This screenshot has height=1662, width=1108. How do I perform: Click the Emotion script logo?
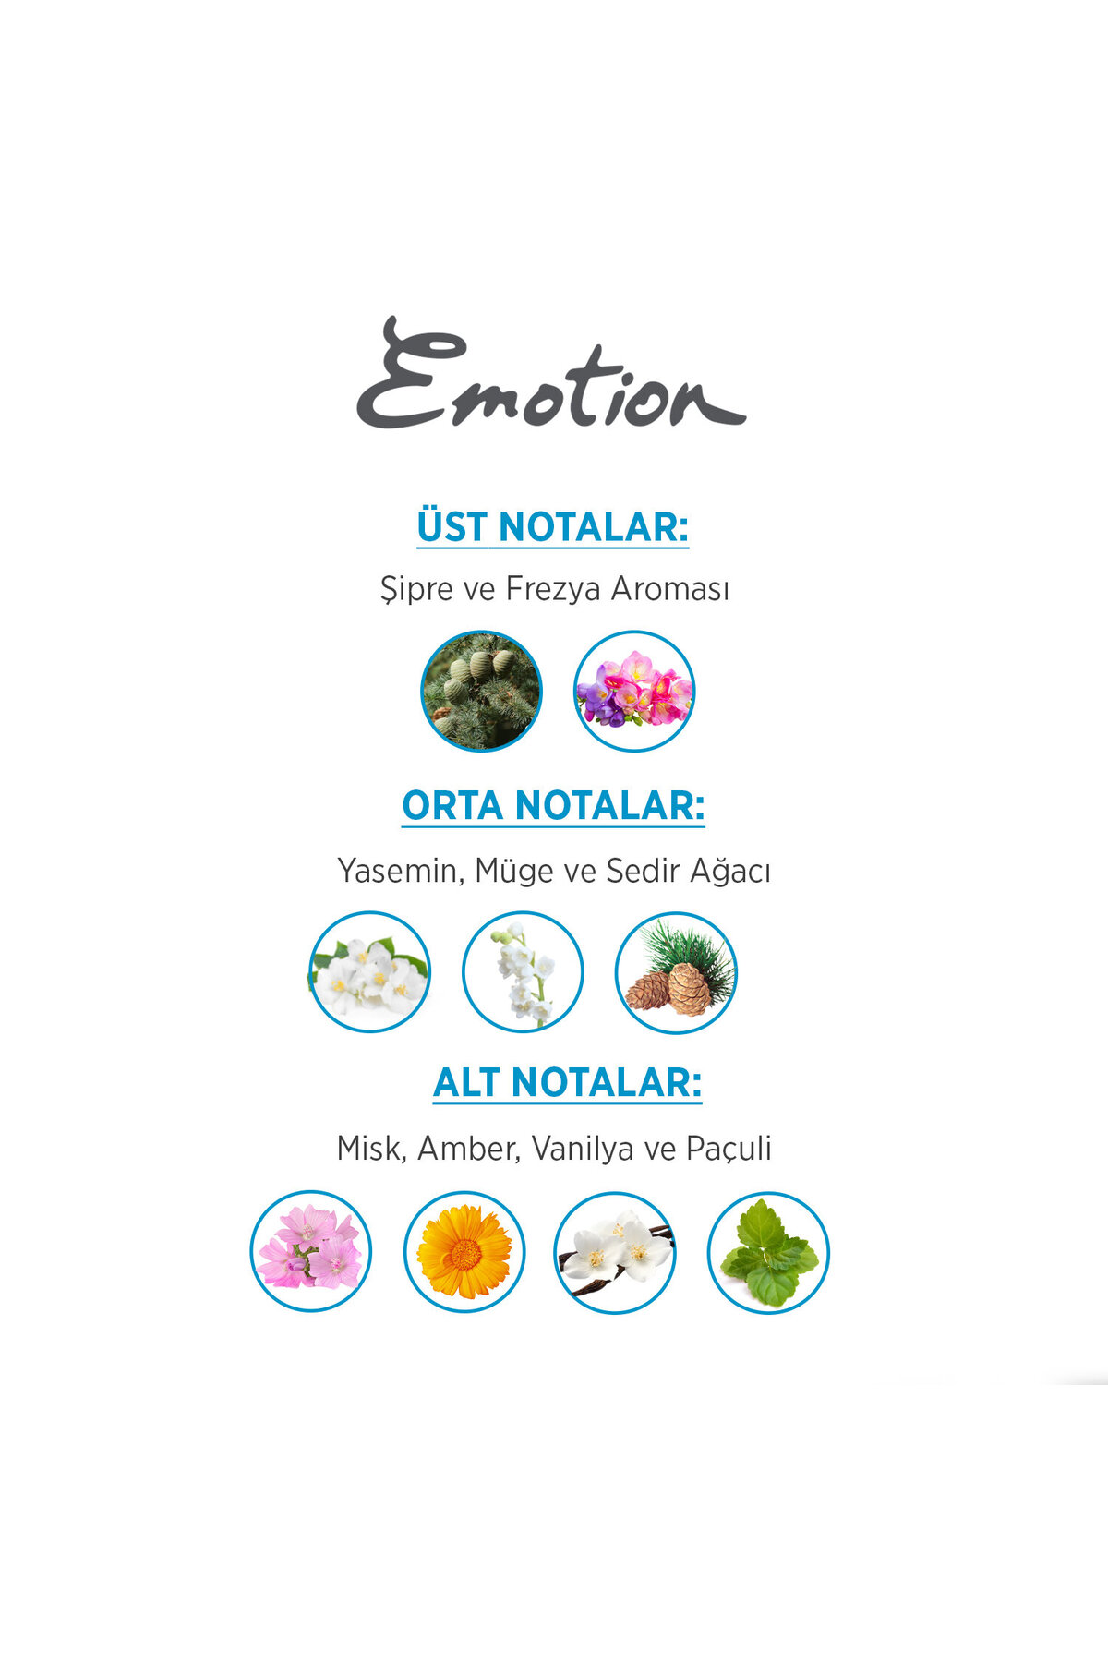[x=551, y=374]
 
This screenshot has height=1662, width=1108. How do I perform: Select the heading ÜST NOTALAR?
[x=552, y=527]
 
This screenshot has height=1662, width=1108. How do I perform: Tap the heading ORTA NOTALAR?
[x=553, y=805]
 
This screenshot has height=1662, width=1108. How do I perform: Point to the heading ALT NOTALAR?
[x=567, y=1082]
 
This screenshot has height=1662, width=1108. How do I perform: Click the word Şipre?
[x=416, y=589]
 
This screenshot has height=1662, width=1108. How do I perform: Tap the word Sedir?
[x=638, y=870]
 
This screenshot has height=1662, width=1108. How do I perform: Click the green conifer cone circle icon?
[x=481, y=691]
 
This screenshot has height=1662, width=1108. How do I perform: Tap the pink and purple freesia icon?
[x=634, y=691]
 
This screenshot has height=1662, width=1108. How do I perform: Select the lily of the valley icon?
[x=523, y=971]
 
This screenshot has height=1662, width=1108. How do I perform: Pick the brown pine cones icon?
[x=676, y=972]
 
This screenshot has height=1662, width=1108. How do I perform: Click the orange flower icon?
[x=464, y=1252]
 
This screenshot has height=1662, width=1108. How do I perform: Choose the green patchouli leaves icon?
[x=768, y=1253]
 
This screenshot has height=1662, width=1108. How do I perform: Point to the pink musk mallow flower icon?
[x=311, y=1251]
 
